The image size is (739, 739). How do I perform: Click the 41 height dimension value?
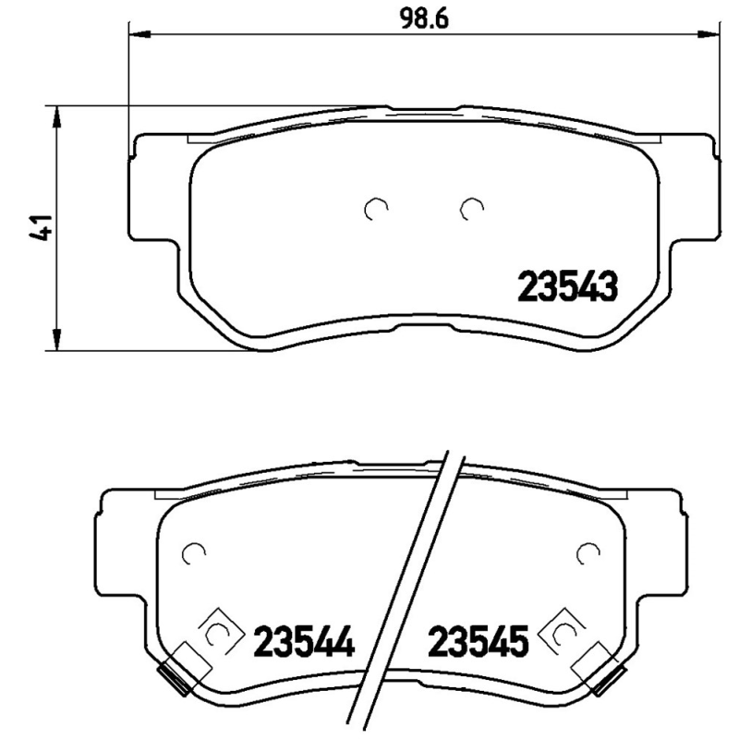[39, 228]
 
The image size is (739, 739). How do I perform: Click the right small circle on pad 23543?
[472, 211]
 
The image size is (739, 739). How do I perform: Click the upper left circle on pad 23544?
[194, 553]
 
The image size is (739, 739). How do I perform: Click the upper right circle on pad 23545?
[586, 553]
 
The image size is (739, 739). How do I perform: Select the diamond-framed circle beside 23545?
[565, 633]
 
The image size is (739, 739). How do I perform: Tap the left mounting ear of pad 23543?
[148, 185]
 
